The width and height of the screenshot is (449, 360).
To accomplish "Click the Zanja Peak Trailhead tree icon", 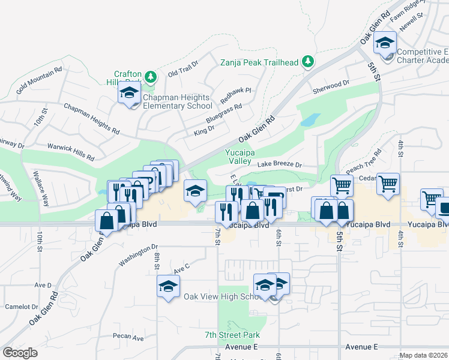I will pos(308,61).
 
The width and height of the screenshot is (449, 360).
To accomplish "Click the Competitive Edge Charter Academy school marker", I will pos(385,43).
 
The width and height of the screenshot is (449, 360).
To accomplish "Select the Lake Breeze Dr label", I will pos(279,164).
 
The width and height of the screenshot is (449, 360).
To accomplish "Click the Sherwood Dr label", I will pos(331,88).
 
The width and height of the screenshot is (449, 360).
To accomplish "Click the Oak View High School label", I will pos(220,297).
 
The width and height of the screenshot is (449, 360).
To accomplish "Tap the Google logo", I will pos(20,353).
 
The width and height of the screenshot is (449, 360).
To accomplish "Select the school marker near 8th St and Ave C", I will pos(168,286).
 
